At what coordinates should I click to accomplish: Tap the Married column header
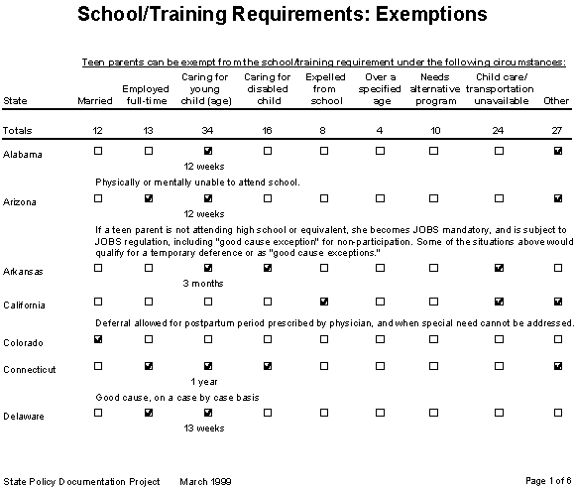pyautogui.click(x=91, y=101)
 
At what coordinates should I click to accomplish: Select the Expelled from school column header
pyautogui.click(x=324, y=88)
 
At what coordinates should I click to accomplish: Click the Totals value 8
pyautogui.click(x=324, y=131)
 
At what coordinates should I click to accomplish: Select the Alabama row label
pyautogui.click(x=21, y=155)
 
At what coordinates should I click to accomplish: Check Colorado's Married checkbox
pyautogui.click(x=97, y=340)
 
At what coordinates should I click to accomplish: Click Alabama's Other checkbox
pyautogui.click(x=558, y=151)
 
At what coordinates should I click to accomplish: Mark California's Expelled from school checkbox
pyautogui.click(x=324, y=301)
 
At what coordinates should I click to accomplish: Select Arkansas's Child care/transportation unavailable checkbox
pyautogui.click(x=502, y=268)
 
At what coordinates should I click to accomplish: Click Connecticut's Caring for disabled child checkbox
pyautogui.click(x=268, y=365)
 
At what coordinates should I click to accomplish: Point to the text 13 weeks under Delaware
pyautogui.click(x=205, y=428)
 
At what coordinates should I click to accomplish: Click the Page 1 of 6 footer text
pyautogui.click(x=540, y=481)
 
